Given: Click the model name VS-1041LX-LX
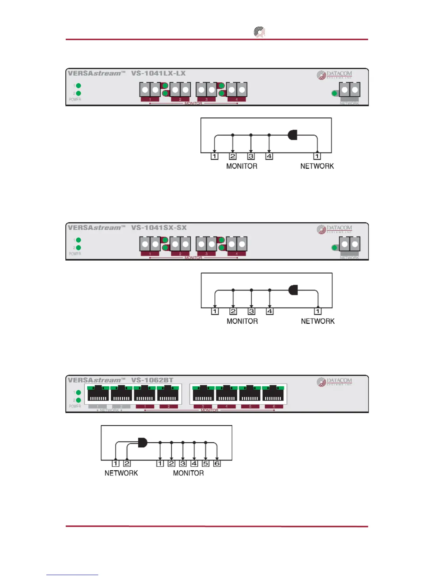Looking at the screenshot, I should click(158, 73).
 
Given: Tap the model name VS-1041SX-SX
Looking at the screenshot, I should click(158, 228).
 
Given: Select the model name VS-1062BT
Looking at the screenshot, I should click(152, 380).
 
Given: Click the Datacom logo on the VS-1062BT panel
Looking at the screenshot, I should click(334, 382).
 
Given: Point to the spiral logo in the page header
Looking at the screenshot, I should click(259, 32).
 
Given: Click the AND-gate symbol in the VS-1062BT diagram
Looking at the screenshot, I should click(142, 443).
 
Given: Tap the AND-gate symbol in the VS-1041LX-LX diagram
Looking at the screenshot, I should click(293, 135).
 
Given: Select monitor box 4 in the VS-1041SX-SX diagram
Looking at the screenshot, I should click(270, 311).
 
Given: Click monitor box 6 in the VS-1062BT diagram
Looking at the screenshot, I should click(217, 463).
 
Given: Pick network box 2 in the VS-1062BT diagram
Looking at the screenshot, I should click(127, 463).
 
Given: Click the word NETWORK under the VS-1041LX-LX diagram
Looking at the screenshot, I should click(317, 166).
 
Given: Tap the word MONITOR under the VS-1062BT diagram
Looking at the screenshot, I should click(188, 473).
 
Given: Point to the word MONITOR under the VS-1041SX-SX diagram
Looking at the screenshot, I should click(242, 321).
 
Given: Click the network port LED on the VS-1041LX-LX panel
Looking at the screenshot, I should click(334, 93).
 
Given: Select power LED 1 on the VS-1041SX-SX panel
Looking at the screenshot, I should click(79, 240).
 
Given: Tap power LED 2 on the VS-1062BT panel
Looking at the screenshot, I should click(79, 400).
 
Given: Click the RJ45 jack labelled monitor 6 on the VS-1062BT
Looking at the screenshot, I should click(273, 394).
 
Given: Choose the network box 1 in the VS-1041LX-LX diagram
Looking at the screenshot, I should click(317, 156).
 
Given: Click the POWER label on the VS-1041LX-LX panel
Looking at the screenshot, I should click(75, 100).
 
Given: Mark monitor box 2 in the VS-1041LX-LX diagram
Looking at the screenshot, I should click(233, 156).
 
